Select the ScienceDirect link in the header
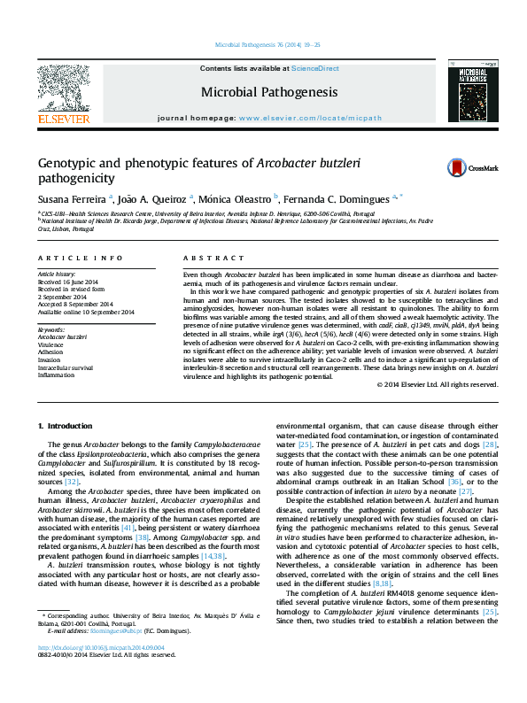click(x=315, y=68)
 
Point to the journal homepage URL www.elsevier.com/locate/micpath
click(x=310, y=118)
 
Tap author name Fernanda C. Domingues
click(x=339, y=198)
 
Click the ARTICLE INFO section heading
click(x=80, y=258)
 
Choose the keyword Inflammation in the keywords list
click(x=56, y=375)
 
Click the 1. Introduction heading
click(x=64, y=427)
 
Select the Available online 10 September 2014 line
click(x=85, y=312)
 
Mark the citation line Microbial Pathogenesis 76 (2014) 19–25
click(x=262, y=44)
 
